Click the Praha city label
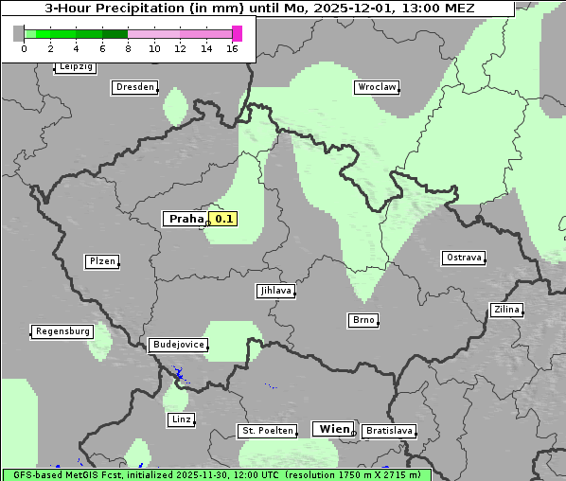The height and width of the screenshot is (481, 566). click(186, 219)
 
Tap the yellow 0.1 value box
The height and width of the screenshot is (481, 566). click(222, 219)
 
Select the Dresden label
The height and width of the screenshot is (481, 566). click(134, 87)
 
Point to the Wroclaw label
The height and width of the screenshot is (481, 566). click(377, 87)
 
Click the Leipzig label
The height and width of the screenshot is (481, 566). click(75, 67)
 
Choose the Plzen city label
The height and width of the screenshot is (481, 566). click(102, 261)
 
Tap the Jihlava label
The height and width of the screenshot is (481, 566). click(275, 291)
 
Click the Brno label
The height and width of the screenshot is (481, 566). click(363, 320)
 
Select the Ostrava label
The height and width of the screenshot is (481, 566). click(464, 258)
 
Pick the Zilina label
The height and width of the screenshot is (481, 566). click(506, 310)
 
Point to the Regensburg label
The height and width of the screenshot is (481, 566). click(62, 331)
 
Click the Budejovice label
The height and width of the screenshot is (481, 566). click(178, 345)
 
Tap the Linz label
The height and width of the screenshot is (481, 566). click(181, 419)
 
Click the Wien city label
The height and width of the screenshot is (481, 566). click(334, 429)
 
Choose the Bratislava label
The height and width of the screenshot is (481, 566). click(389, 431)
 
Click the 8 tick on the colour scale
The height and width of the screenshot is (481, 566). click(128, 48)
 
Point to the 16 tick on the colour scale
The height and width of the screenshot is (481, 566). click(232, 48)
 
